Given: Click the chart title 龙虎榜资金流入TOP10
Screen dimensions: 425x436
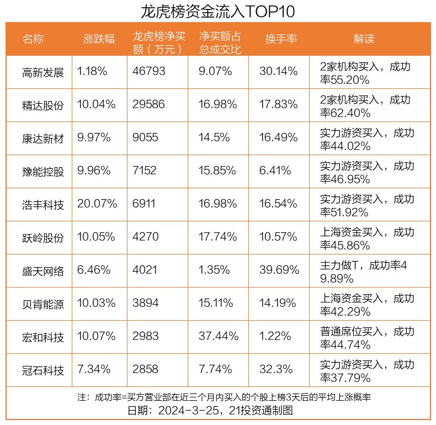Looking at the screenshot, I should pos(217,11).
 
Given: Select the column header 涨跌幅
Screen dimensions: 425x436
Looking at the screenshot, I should pos(99,39).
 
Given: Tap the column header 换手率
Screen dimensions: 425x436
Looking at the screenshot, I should pos(281,39).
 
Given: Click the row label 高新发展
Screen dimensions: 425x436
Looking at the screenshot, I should pos(43,72).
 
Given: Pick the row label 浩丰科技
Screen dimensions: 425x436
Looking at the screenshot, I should pos(43,205).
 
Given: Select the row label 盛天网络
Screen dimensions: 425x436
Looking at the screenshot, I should pos(43,271).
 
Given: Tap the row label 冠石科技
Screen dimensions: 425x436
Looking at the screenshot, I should pos(43,370).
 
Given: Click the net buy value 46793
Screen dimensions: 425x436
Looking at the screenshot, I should pos(149,72).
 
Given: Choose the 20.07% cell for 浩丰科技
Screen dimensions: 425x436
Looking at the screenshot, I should pos(97,204).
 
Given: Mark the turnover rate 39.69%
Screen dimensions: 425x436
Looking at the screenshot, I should pos(279,270).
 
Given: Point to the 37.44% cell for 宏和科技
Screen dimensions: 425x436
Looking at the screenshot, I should pos(219,337).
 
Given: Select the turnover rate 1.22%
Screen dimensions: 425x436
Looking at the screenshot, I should pos(275,337).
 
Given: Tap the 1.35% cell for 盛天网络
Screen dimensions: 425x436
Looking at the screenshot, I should pos(215,270).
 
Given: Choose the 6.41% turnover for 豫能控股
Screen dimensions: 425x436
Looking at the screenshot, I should pos(275,171).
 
